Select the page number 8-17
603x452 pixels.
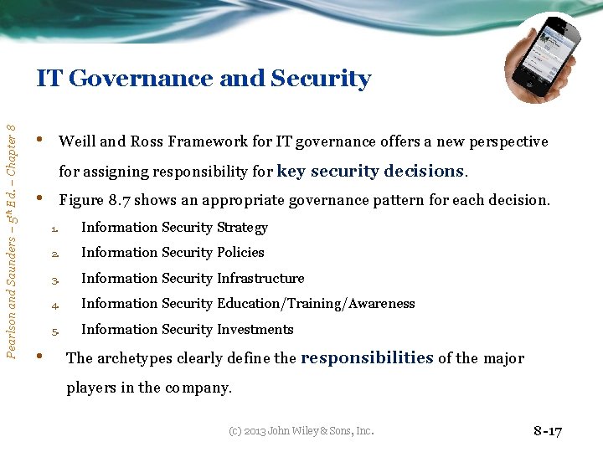(548, 431)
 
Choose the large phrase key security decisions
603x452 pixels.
(370, 171)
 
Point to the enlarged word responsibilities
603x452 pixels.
(367, 358)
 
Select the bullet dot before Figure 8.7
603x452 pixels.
(40, 199)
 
